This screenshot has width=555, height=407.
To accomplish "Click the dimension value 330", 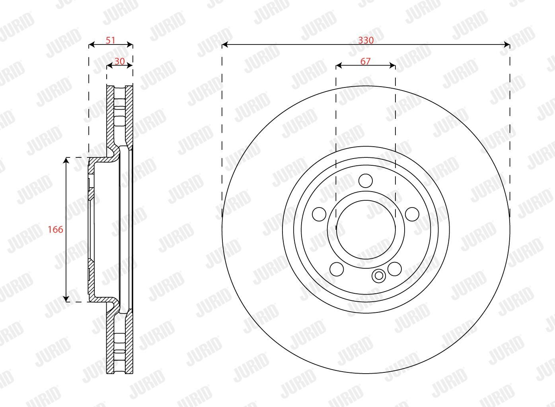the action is pyautogui.click(x=366, y=40).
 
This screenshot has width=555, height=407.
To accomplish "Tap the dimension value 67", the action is pyautogui.click(x=365, y=61).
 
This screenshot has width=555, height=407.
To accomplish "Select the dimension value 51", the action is pyautogui.click(x=110, y=40).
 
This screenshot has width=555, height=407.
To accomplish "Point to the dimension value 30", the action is pyautogui.click(x=120, y=61).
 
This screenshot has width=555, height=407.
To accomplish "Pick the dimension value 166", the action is pyautogui.click(x=55, y=229).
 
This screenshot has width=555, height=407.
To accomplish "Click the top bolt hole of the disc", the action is pyautogui.click(x=366, y=181).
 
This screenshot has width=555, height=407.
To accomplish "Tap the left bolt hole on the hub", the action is pyautogui.click(x=319, y=214).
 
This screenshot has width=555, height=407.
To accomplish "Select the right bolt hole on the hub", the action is pyautogui.click(x=412, y=214).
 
